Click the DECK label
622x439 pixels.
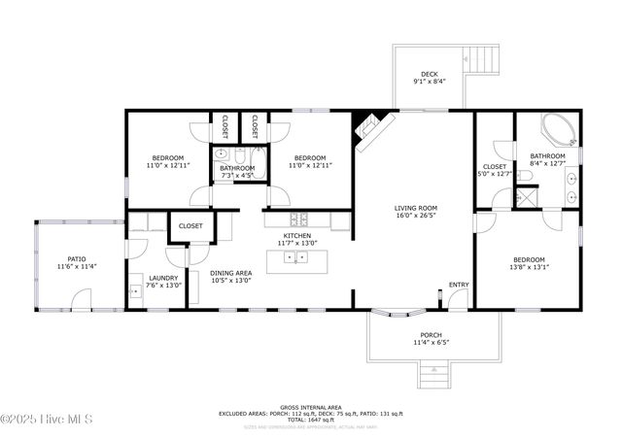pos(429,75)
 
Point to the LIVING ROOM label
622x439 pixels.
pos(415,208)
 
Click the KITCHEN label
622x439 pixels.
pos(296,236)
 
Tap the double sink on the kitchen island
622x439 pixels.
pos(300,257)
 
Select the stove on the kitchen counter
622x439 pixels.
pos(295,219)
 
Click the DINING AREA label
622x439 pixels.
pos(231,273)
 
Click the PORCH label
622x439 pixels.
pos(431,335)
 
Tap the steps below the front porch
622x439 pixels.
pos(433,372)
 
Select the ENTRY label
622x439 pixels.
pos(458,285)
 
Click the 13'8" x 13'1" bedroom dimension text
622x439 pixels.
pos(530,267)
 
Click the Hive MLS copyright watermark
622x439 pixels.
pos(47,420)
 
